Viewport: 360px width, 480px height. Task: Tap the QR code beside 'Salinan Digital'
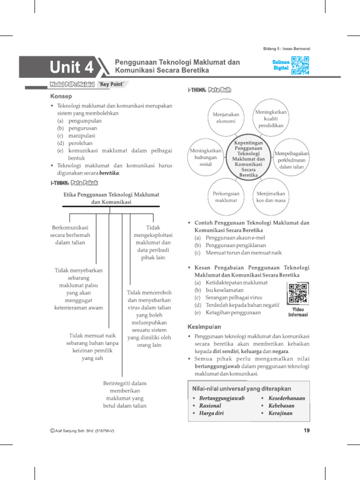click(300, 66)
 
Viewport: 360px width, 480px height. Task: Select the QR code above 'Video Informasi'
click(298, 294)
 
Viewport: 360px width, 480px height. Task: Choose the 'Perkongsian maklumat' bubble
click(225, 197)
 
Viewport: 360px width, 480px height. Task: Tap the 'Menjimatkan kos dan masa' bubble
click(271, 197)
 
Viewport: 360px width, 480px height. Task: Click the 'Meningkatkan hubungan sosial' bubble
click(206, 157)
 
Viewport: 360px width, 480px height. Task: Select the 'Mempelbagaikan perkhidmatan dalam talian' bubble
click(292, 160)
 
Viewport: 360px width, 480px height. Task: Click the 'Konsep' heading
click(61, 96)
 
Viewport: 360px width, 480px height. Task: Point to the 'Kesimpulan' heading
click(204, 326)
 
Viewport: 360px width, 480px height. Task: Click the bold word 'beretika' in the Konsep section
click(109, 173)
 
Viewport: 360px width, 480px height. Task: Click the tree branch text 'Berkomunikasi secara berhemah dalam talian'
click(70, 235)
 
